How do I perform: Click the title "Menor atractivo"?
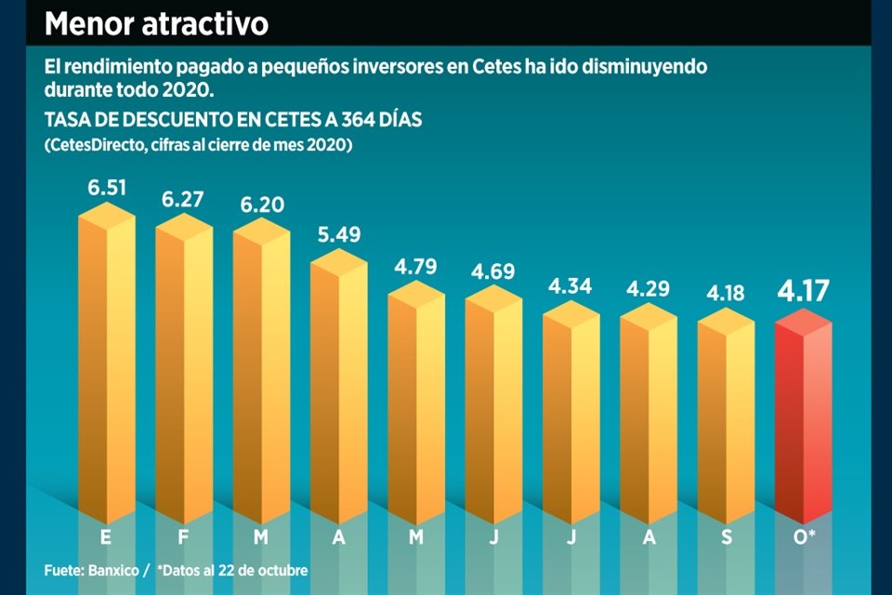156,23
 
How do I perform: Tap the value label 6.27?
183,200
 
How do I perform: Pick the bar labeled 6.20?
261,372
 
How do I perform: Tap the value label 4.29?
649,289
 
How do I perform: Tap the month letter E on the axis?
106,537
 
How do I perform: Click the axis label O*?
806,537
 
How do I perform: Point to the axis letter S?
727,537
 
